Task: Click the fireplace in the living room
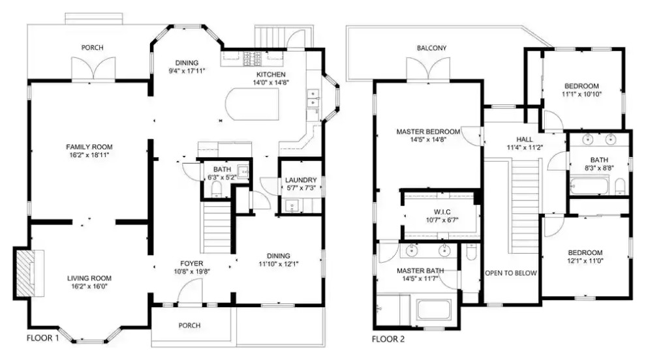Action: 29,273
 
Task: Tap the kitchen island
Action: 252,104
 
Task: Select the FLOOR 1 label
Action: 43,338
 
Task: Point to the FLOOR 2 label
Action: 388,339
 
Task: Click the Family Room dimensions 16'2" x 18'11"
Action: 89,155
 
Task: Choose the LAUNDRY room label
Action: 301,180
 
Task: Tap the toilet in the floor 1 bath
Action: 216,190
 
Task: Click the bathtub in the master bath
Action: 434,309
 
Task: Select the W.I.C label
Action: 442,212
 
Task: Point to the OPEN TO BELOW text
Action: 511,273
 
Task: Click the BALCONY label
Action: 431,48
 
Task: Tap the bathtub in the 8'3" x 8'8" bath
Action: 589,185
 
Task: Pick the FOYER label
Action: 192,263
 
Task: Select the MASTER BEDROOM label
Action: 428,132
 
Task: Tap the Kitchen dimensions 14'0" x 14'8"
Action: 271,82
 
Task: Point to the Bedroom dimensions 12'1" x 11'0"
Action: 585,261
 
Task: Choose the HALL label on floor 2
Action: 525,139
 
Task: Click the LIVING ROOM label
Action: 89,278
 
